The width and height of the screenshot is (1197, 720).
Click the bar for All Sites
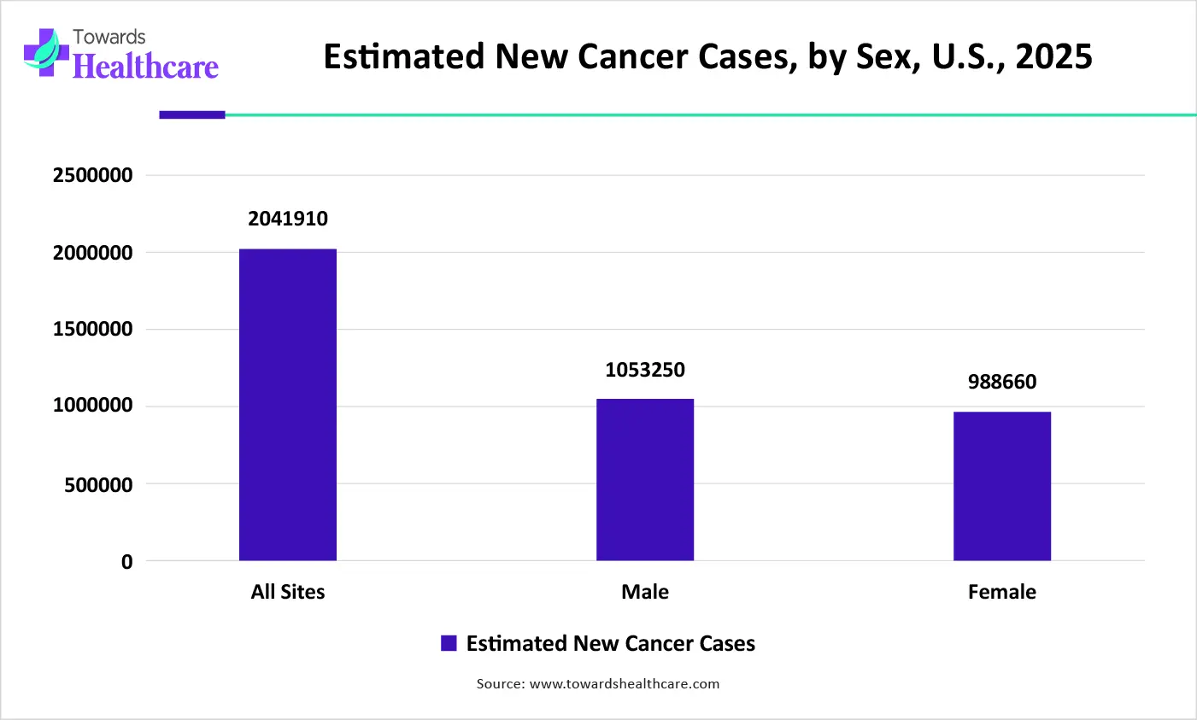(x=288, y=405)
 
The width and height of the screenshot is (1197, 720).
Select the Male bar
(x=645, y=480)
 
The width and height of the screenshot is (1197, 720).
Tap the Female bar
(x=1002, y=486)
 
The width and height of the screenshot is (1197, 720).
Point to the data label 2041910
(x=288, y=219)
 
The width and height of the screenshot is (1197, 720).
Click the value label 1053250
(x=645, y=370)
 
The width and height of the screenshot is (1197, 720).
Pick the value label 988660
(x=1002, y=382)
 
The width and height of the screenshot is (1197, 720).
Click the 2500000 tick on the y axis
(x=93, y=175)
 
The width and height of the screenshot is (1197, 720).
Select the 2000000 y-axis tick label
(x=93, y=253)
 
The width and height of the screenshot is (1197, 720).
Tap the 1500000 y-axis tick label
(x=93, y=330)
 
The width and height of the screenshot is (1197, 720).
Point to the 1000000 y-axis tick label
(x=93, y=406)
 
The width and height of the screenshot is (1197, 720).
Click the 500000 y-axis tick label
(x=99, y=484)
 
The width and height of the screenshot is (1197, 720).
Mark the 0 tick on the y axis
(x=127, y=562)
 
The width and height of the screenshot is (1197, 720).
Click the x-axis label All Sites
(x=288, y=592)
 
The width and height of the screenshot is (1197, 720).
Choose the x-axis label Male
(x=645, y=592)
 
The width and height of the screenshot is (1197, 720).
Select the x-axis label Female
(x=1002, y=592)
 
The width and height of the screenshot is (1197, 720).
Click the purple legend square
(x=449, y=644)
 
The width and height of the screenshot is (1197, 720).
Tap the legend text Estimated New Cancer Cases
(x=611, y=644)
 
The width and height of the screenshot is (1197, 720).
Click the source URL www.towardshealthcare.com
(x=625, y=684)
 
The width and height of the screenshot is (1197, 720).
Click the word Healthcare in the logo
(x=146, y=67)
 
